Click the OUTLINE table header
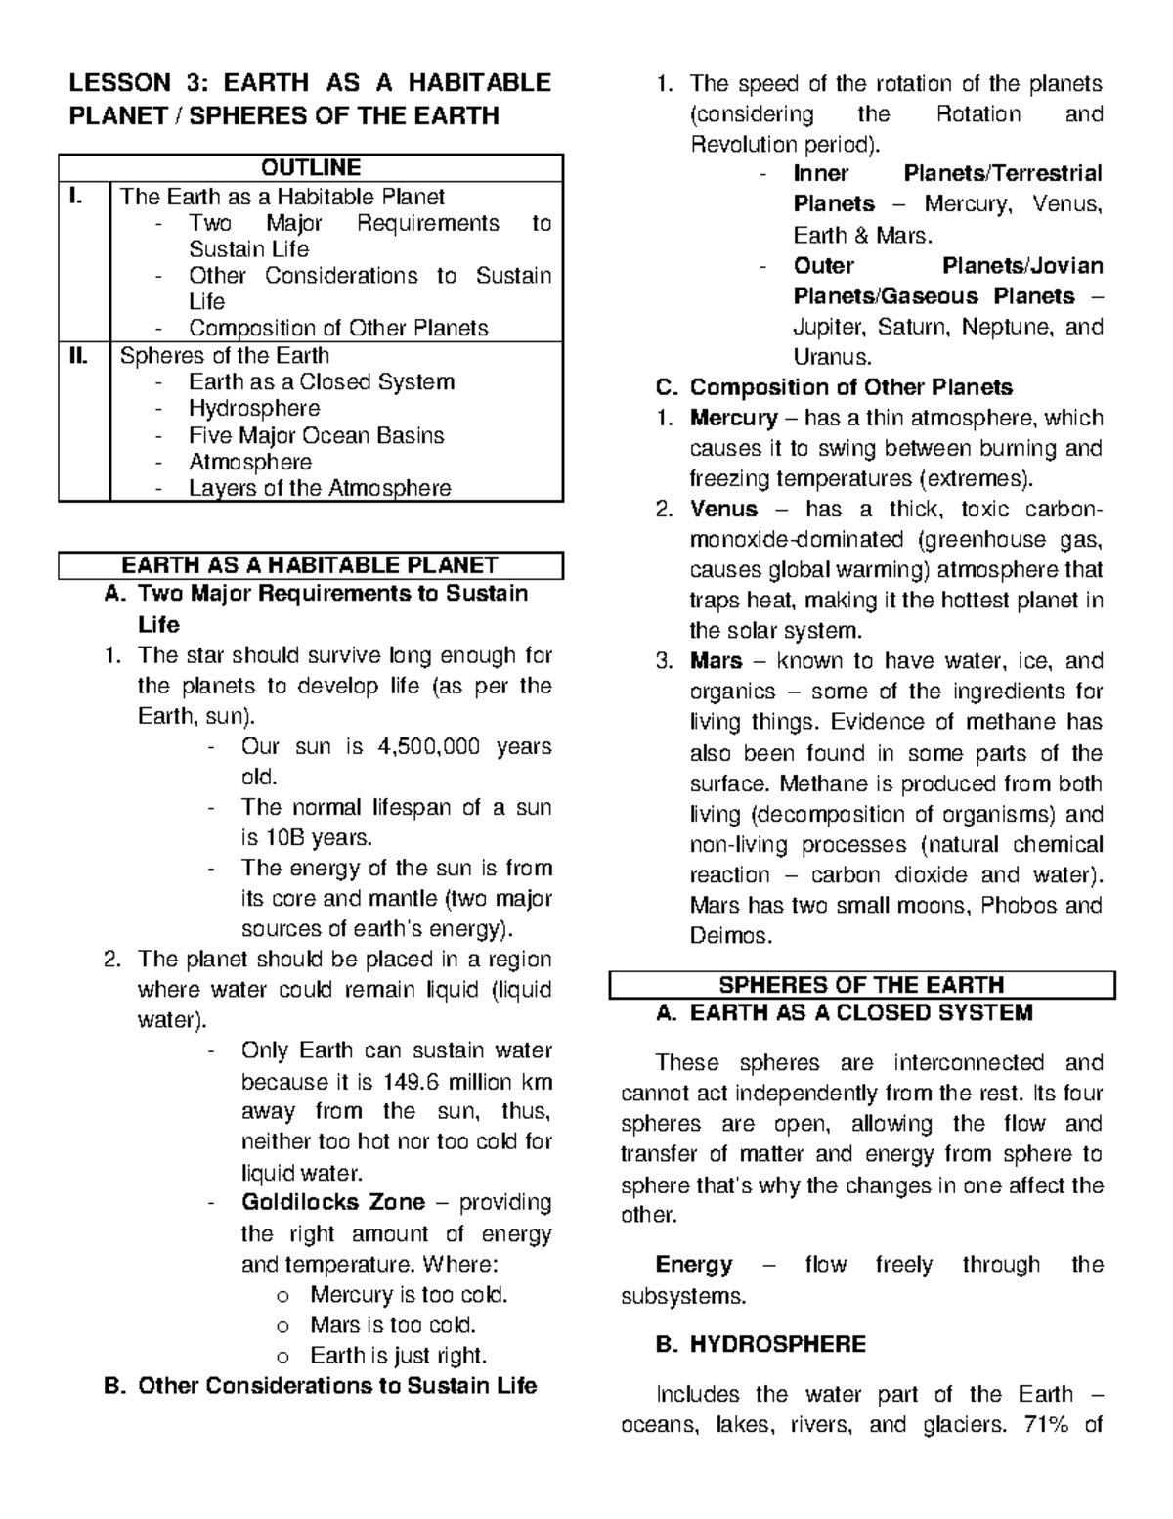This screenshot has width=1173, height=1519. (311, 167)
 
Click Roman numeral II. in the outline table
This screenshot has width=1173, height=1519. (78, 355)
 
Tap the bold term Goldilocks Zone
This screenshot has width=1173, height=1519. (333, 1202)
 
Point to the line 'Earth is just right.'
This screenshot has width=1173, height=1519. (398, 1355)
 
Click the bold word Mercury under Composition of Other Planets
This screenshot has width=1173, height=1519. (733, 418)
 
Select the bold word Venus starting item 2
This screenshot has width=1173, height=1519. (723, 509)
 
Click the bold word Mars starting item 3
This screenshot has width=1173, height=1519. (716, 661)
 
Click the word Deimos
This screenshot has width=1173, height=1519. (730, 935)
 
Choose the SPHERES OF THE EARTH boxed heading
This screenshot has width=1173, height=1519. (861, 984)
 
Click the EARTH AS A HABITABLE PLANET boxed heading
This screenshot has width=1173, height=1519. (310, 565)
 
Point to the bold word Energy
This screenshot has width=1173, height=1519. (693, 1265)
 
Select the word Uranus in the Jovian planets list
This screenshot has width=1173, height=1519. (831, 356)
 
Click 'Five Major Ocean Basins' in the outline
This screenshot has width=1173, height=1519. (316, 435)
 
